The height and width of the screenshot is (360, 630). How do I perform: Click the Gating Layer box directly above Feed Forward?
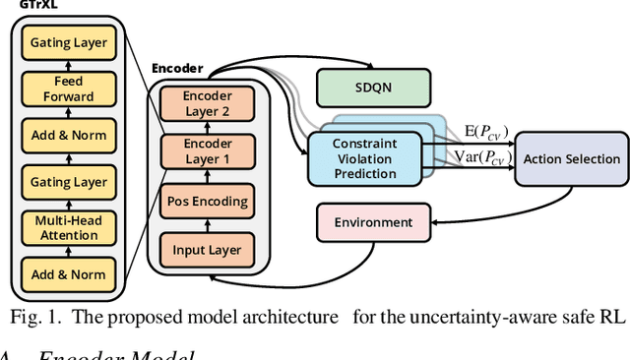click(x=69, y=42)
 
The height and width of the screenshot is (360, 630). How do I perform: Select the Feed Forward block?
click(x=69, y=90)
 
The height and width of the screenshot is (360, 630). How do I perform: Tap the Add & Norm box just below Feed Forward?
click(x=69, y=136)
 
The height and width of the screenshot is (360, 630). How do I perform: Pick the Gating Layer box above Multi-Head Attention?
click(x=69, y=182)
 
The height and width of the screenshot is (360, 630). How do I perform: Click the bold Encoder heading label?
click(x=177, y=70)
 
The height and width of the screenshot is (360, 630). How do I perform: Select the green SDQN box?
click(x=373, y=89)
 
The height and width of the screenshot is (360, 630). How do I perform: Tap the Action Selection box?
click(x=571, y=158)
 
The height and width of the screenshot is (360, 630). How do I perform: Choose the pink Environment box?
click(x=373, y=223)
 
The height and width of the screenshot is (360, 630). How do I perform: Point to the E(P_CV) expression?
click(x=486, y=132)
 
